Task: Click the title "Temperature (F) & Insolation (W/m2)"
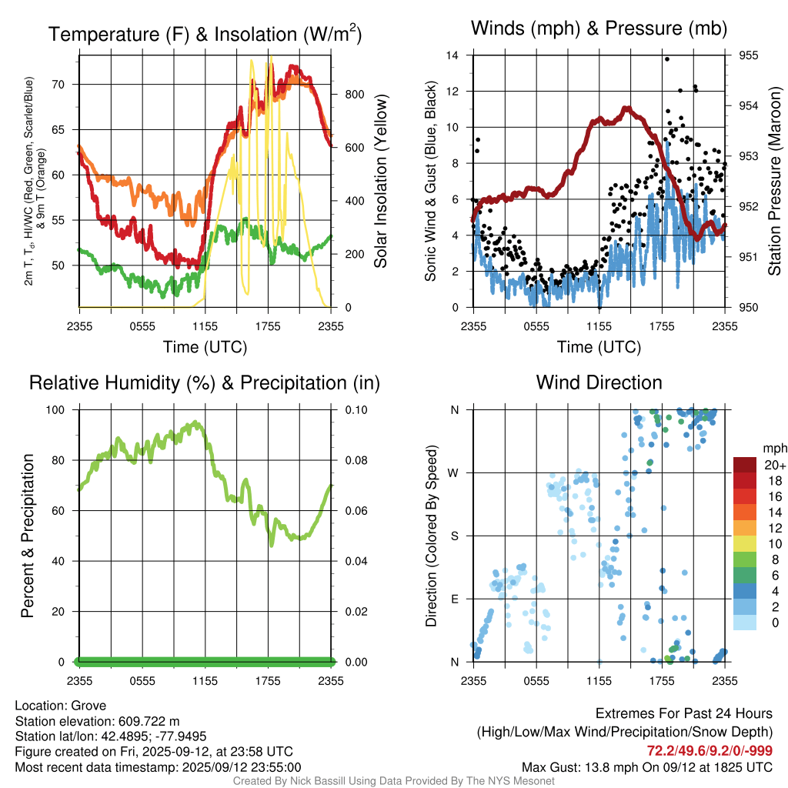point(205,34)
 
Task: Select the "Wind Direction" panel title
point(599,382)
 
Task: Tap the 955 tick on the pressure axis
point(748,55)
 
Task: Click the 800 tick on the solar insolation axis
point(353,94)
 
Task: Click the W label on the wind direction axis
point(454,472)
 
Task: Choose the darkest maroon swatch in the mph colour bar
point(744,466)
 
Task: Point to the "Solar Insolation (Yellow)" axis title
point(380,182)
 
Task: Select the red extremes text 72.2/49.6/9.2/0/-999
point(710,750)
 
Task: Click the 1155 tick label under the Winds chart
point(599,326)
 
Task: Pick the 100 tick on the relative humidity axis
point(61,409)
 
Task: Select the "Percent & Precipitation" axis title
point(28,536)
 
